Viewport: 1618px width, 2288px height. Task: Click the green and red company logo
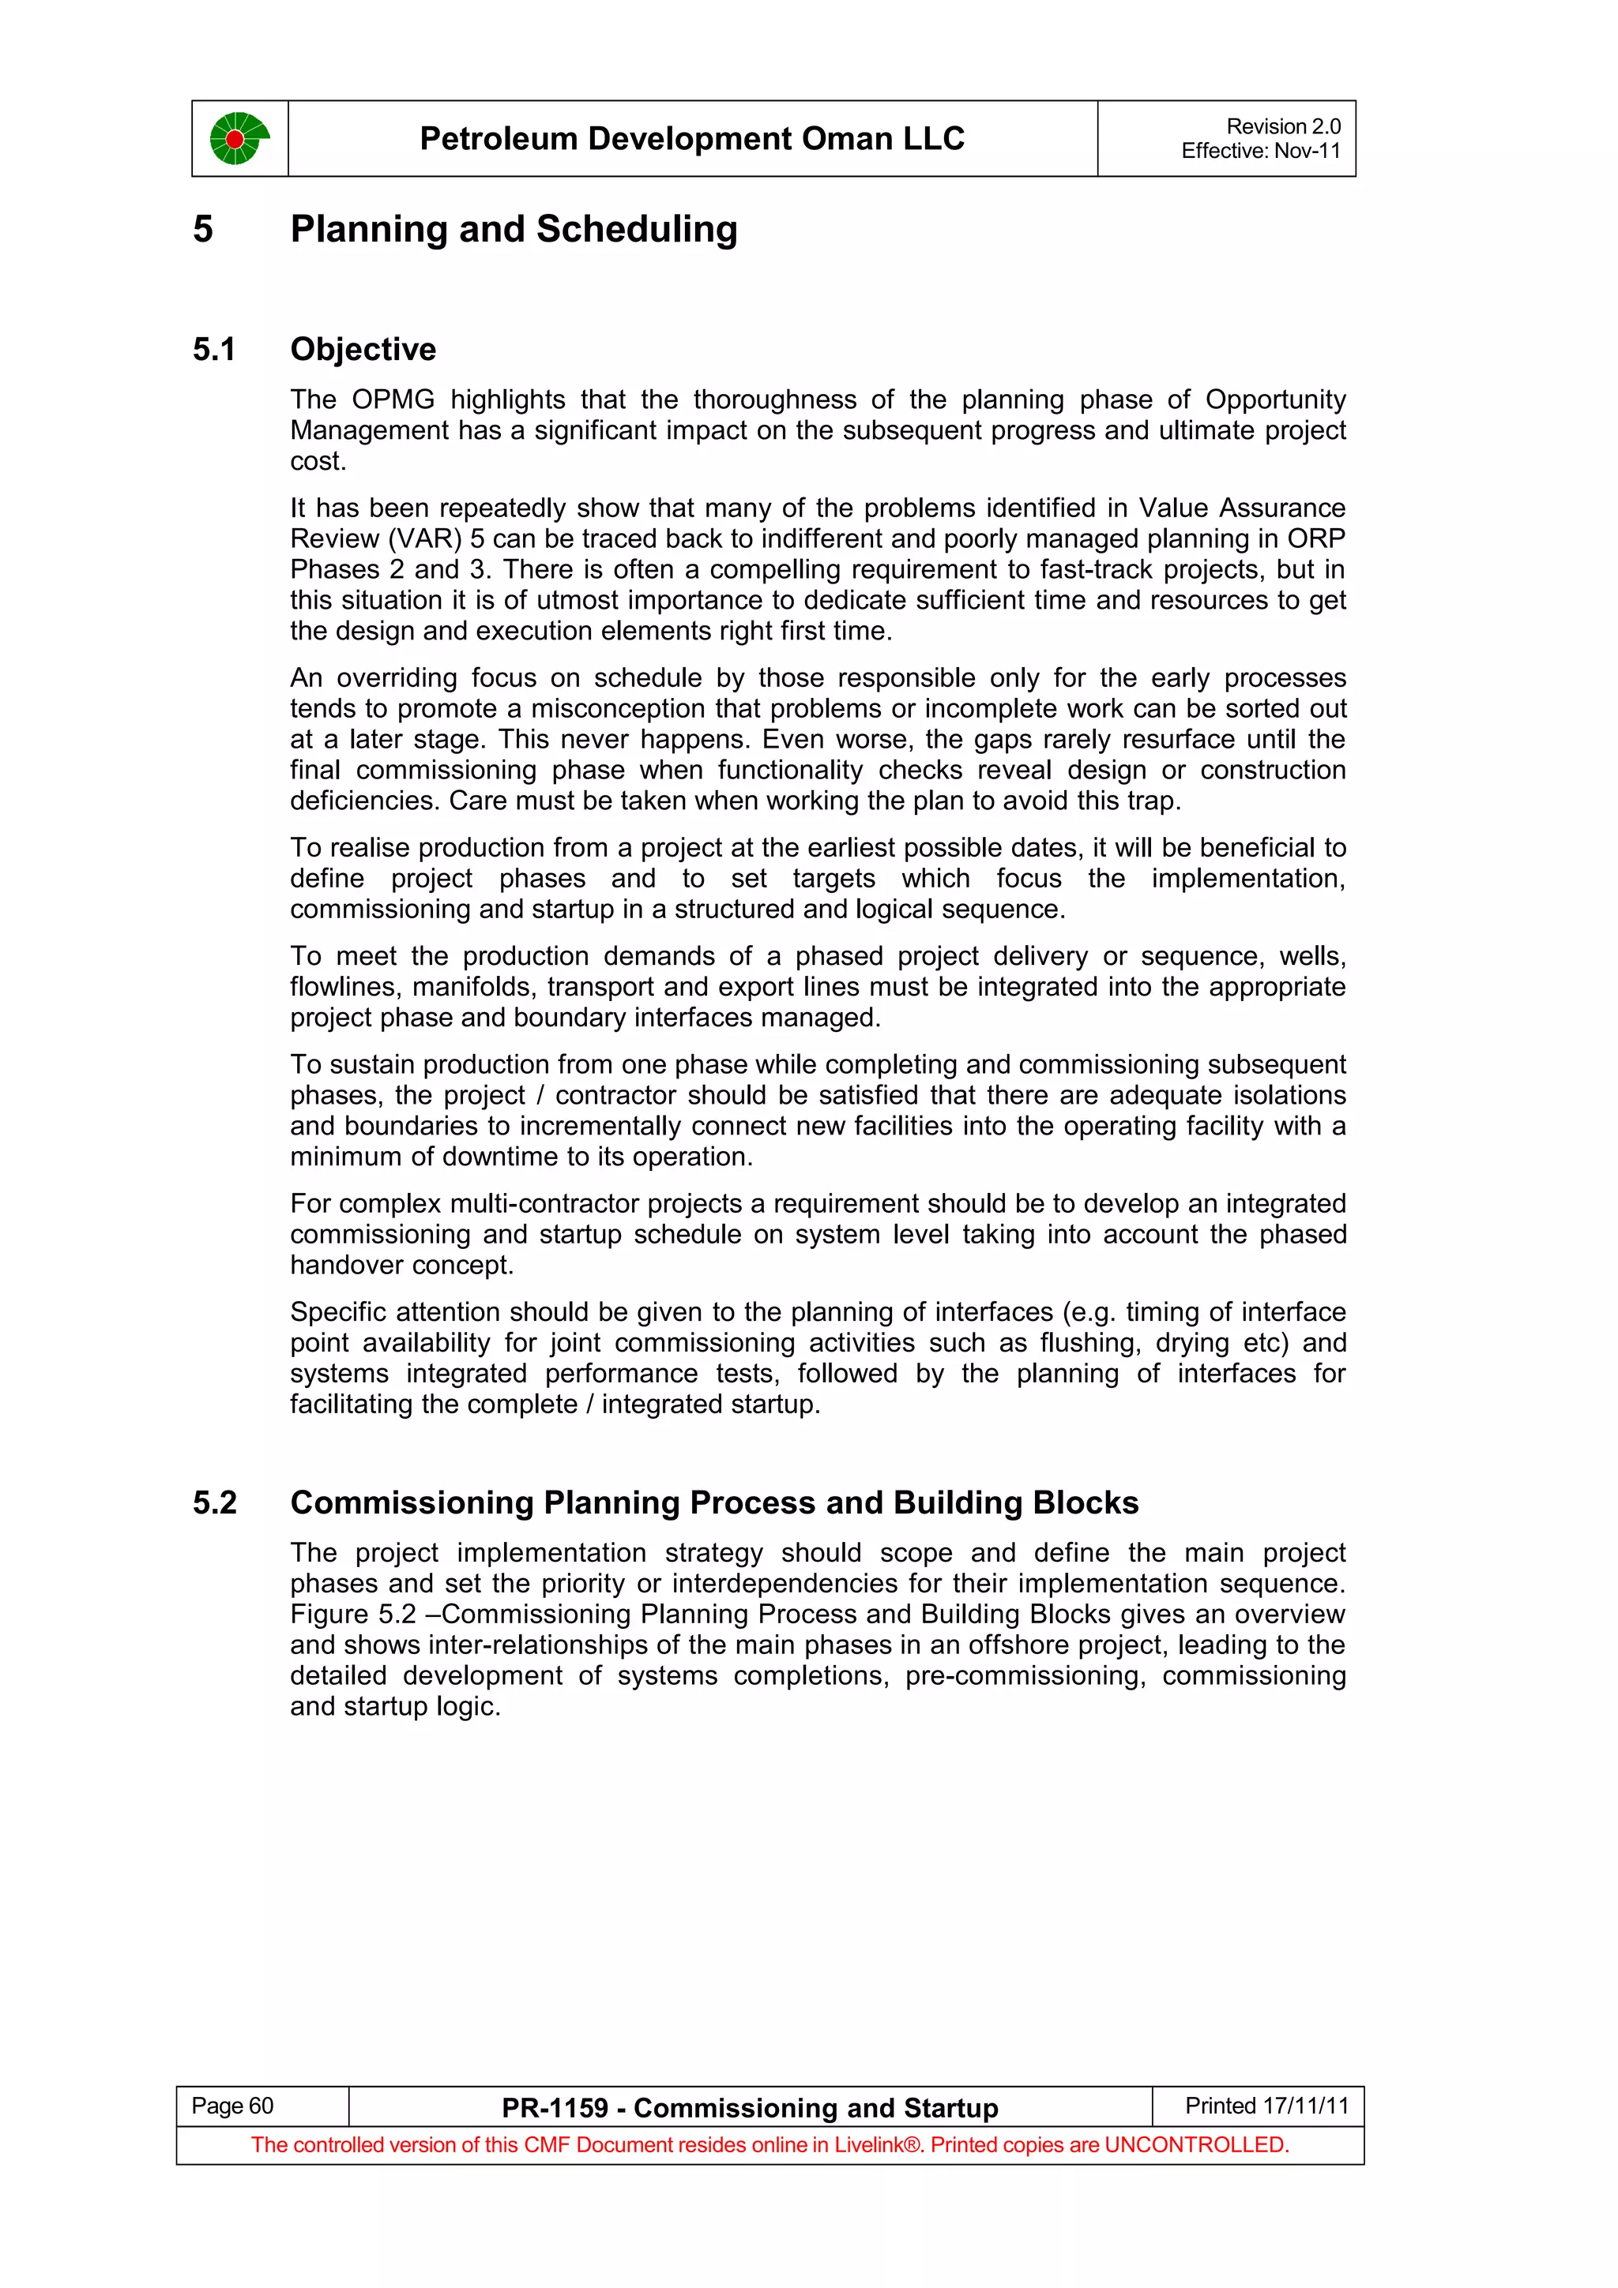(239, 138)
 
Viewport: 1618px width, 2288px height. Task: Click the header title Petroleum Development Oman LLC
(692, 138)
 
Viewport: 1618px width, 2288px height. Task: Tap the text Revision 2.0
(1282, 126)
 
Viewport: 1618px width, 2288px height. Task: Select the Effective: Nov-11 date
(1260, 151)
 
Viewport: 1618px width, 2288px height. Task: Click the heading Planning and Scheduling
(514, 229)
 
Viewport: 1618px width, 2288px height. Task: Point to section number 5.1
(214, 350)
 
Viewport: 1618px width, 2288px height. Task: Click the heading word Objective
(363, 350)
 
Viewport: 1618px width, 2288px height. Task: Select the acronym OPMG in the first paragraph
(393, 399)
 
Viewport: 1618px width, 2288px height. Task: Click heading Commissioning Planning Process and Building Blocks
(713, 1502)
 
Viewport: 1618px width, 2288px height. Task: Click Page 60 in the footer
(232, 2106)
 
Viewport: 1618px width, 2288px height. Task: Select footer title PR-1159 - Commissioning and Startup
(750, 2108)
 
